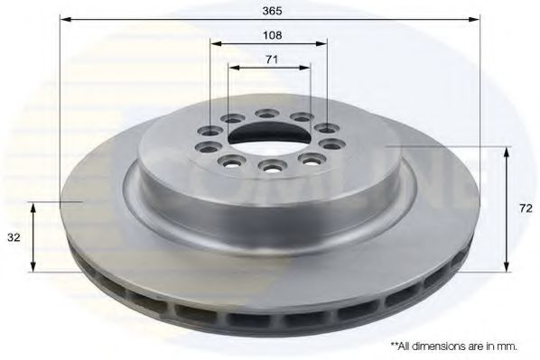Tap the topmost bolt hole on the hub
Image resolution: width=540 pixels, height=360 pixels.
click(x=267, y=114)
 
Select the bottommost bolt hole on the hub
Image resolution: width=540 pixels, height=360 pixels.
click(x=268, y=166)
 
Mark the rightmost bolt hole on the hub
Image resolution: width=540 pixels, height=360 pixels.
click(x=331, y=144)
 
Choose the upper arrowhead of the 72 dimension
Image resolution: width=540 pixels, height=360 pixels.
click(x=507, y=152)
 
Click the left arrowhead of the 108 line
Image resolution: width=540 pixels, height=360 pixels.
click(x=215, y=43)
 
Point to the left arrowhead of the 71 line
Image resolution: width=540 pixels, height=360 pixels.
click(x=232, y=67)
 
